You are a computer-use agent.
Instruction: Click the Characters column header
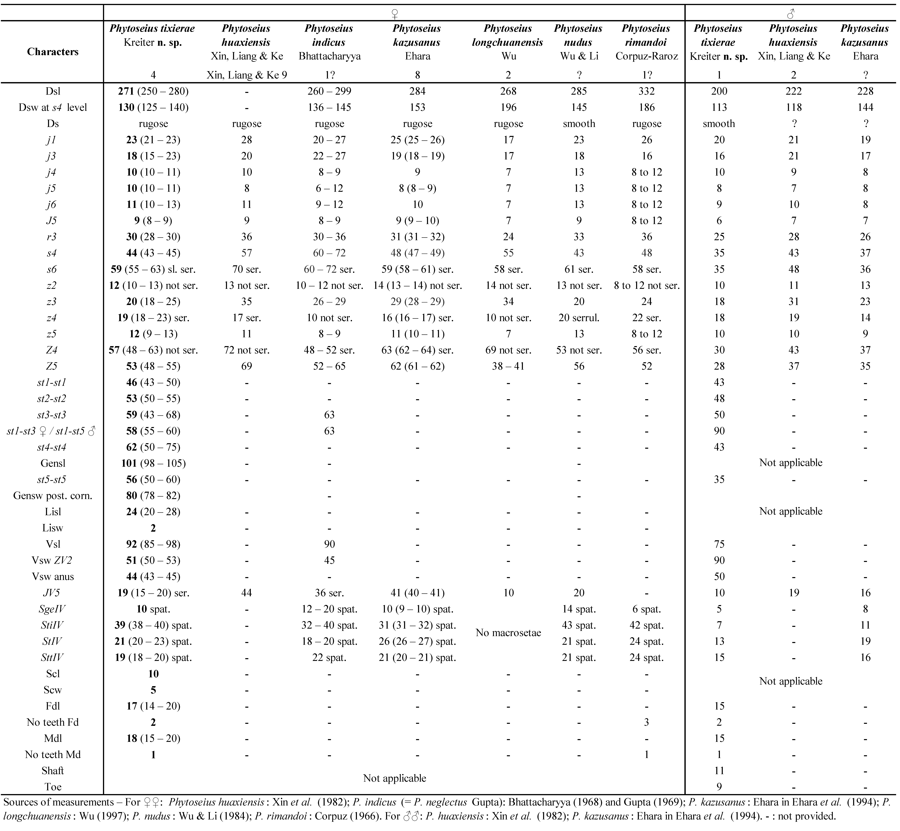point(53,52)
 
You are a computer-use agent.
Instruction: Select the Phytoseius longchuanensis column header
point(508,42)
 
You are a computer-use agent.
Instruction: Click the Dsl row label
point(53,91)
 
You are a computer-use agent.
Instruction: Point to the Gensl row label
point(53,463)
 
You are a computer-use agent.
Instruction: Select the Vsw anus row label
point(53,577)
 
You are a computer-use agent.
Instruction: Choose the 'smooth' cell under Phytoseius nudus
point(579,124)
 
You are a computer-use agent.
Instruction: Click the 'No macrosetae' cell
point(508,633)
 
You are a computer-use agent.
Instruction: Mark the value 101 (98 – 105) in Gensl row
point(153,463)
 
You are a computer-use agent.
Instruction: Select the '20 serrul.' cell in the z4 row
point(579,318)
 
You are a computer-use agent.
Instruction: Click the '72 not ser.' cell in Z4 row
point(246,350)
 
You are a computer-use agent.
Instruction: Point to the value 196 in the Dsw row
point(508,107)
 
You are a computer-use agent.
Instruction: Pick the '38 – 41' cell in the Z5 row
point(508,366)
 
